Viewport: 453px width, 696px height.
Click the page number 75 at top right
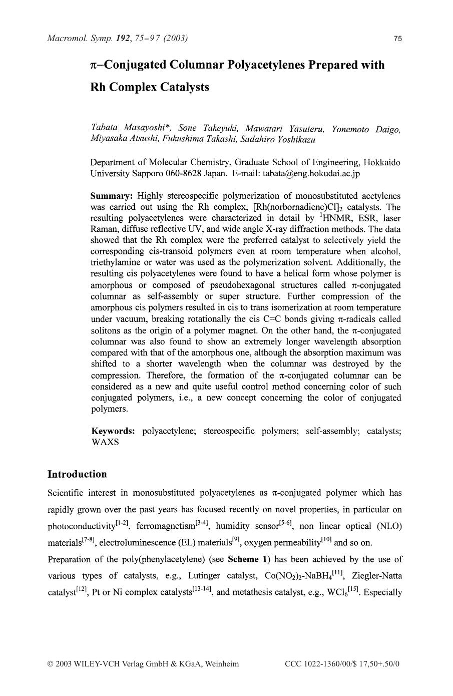398,39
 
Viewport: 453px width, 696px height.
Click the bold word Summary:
111,196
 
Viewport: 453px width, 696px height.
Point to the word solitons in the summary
106,330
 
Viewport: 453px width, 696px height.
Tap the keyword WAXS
105,442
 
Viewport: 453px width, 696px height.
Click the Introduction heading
77,474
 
